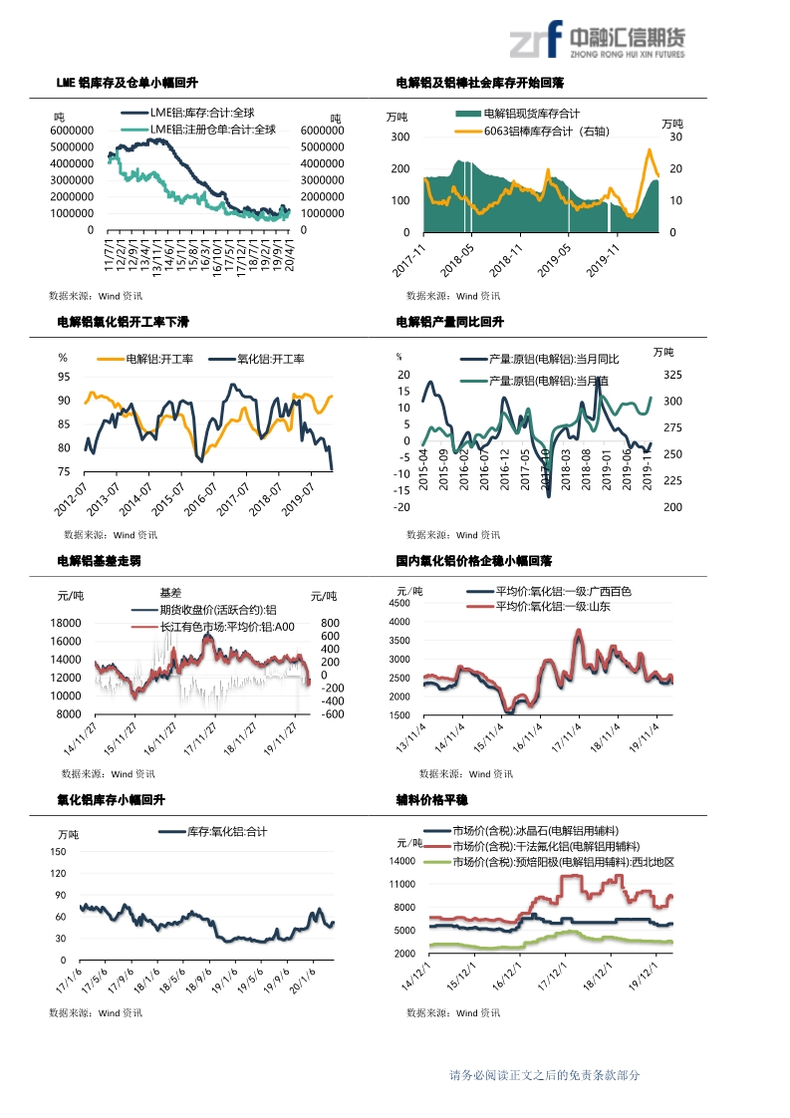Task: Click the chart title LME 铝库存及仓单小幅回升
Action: (133, 83)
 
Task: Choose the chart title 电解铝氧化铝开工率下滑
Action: (124, 323)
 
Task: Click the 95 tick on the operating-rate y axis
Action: (64, 377)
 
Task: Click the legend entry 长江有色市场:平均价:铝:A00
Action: (227, 627)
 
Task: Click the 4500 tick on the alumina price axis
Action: (398, 604)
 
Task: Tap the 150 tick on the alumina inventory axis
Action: (58, 852)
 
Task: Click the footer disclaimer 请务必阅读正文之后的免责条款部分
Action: (544, 1075)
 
